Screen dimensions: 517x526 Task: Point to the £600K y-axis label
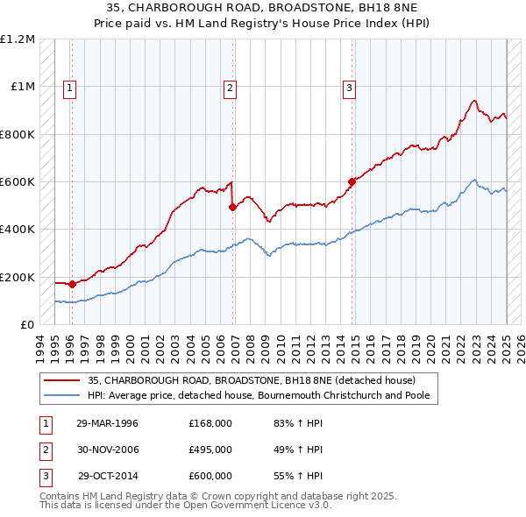coord(18,182)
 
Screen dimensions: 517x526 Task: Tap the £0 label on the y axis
coord(27,324)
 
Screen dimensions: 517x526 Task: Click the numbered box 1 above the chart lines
coord(69,87)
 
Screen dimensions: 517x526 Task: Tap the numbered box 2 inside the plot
coord(230,87)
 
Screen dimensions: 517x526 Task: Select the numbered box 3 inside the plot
coord(349,87)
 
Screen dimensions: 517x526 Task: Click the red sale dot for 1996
coord(73,284)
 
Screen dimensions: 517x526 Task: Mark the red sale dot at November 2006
coord(232,208)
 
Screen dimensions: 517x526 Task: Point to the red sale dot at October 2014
coord(352,182)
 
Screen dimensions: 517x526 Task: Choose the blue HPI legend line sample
coord(62,395)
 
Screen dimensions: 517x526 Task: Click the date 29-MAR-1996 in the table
coord(108,423)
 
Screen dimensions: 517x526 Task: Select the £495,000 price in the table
coord(210,450)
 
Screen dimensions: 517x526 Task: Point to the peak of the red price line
coord(473,101)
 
